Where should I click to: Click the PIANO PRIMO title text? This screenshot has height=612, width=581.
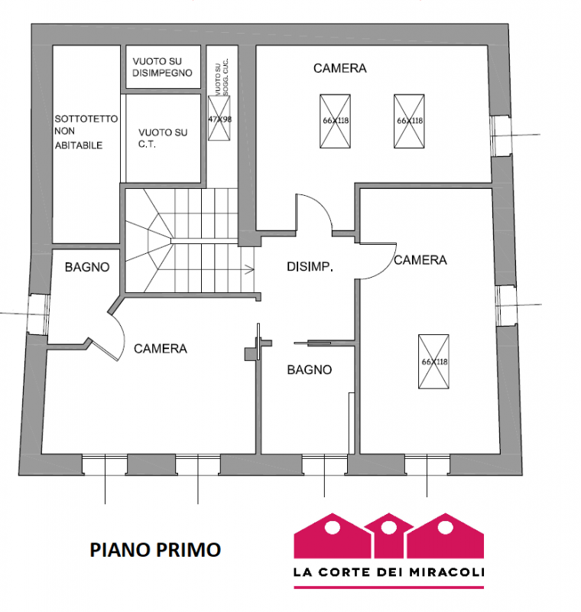pyautogui.click(x=155, y=549)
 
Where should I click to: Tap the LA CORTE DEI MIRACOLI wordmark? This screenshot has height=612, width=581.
pyautogui.click(x=389, y=571)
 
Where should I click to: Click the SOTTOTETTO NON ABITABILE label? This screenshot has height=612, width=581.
pyautogui.click(x=86, y=132)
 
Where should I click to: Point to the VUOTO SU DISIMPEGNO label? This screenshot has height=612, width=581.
pyautogui.click(x=162, y=67)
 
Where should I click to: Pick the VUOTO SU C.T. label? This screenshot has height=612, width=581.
pyautogui.click(x=161, y=138)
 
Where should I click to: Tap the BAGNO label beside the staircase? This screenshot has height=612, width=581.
pyautogui.click(x=86, y=267)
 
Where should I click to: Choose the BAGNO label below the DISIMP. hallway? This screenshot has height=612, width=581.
pyautogui.click(x=310, y=369)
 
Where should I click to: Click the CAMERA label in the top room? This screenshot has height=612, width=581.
pyautogui.click(x=339, y=68)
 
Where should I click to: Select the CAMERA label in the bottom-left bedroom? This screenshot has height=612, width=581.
pyautogui.click(x=161, y=349)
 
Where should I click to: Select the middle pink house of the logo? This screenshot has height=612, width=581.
pyautogui.click(x=389, y=535)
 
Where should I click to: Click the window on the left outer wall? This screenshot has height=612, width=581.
pyautogui.click(x=36, y=314)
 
